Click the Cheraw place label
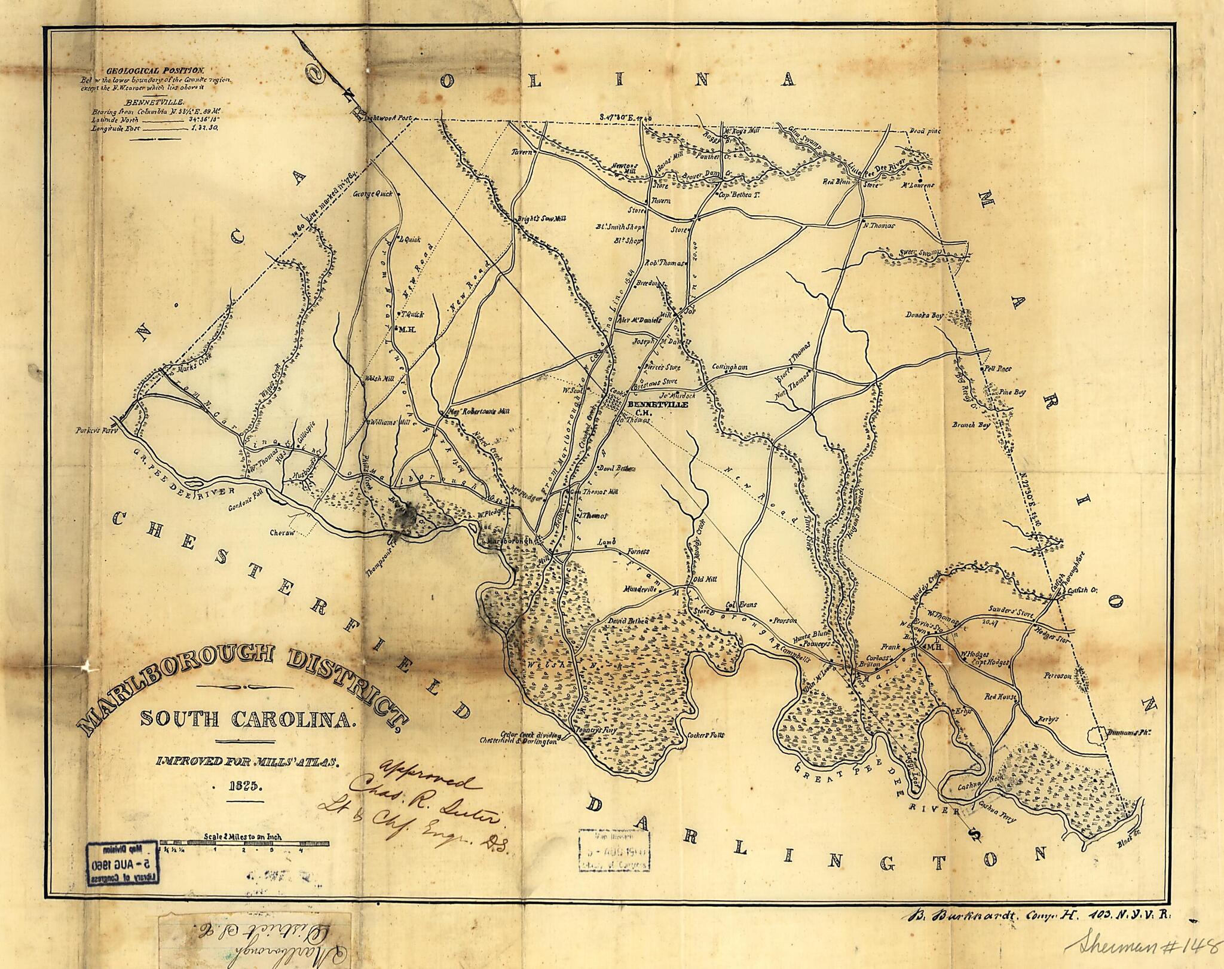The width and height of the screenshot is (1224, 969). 283,533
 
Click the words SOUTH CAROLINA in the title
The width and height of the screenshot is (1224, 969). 247,718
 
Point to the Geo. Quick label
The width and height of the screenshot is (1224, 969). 373,194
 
